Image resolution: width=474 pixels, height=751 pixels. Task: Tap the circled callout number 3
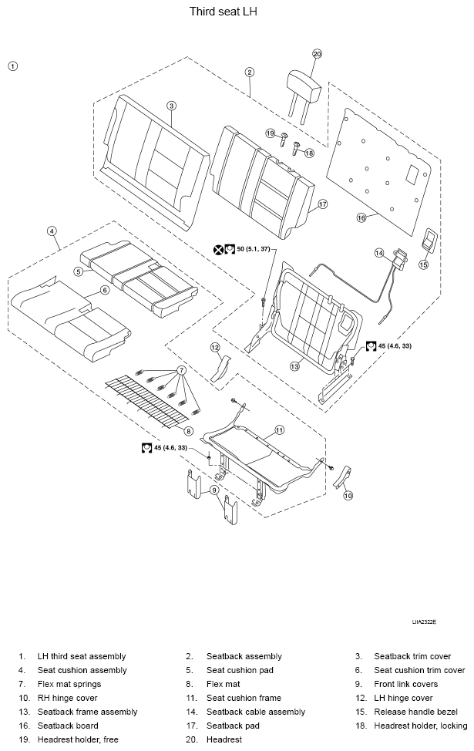[171, 106]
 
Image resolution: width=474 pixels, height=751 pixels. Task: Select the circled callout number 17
[323, 204]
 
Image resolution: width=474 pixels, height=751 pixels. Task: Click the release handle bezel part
[430, 241]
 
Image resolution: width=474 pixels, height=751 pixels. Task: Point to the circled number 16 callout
[361, 218]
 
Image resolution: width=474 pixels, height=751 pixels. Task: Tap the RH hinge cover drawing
[343, 477]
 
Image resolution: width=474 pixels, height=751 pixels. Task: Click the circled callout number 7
[181, 370]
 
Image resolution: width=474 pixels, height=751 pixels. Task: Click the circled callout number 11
[280, 430]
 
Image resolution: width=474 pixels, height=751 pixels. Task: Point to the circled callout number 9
[214, 490]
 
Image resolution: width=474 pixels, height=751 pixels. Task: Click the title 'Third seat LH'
[223, 12]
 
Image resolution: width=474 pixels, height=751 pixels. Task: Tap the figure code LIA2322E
[424, 622]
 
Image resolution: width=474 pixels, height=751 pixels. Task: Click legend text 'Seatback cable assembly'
[256, 712]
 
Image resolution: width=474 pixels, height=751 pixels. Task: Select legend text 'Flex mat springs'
[69, 684]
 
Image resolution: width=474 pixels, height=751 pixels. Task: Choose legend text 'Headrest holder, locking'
[420, 726]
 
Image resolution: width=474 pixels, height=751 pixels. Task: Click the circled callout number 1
[13, 66]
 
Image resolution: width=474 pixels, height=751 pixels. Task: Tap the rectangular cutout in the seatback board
[412, 175]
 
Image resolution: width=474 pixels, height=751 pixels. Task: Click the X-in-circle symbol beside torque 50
[218, 249]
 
